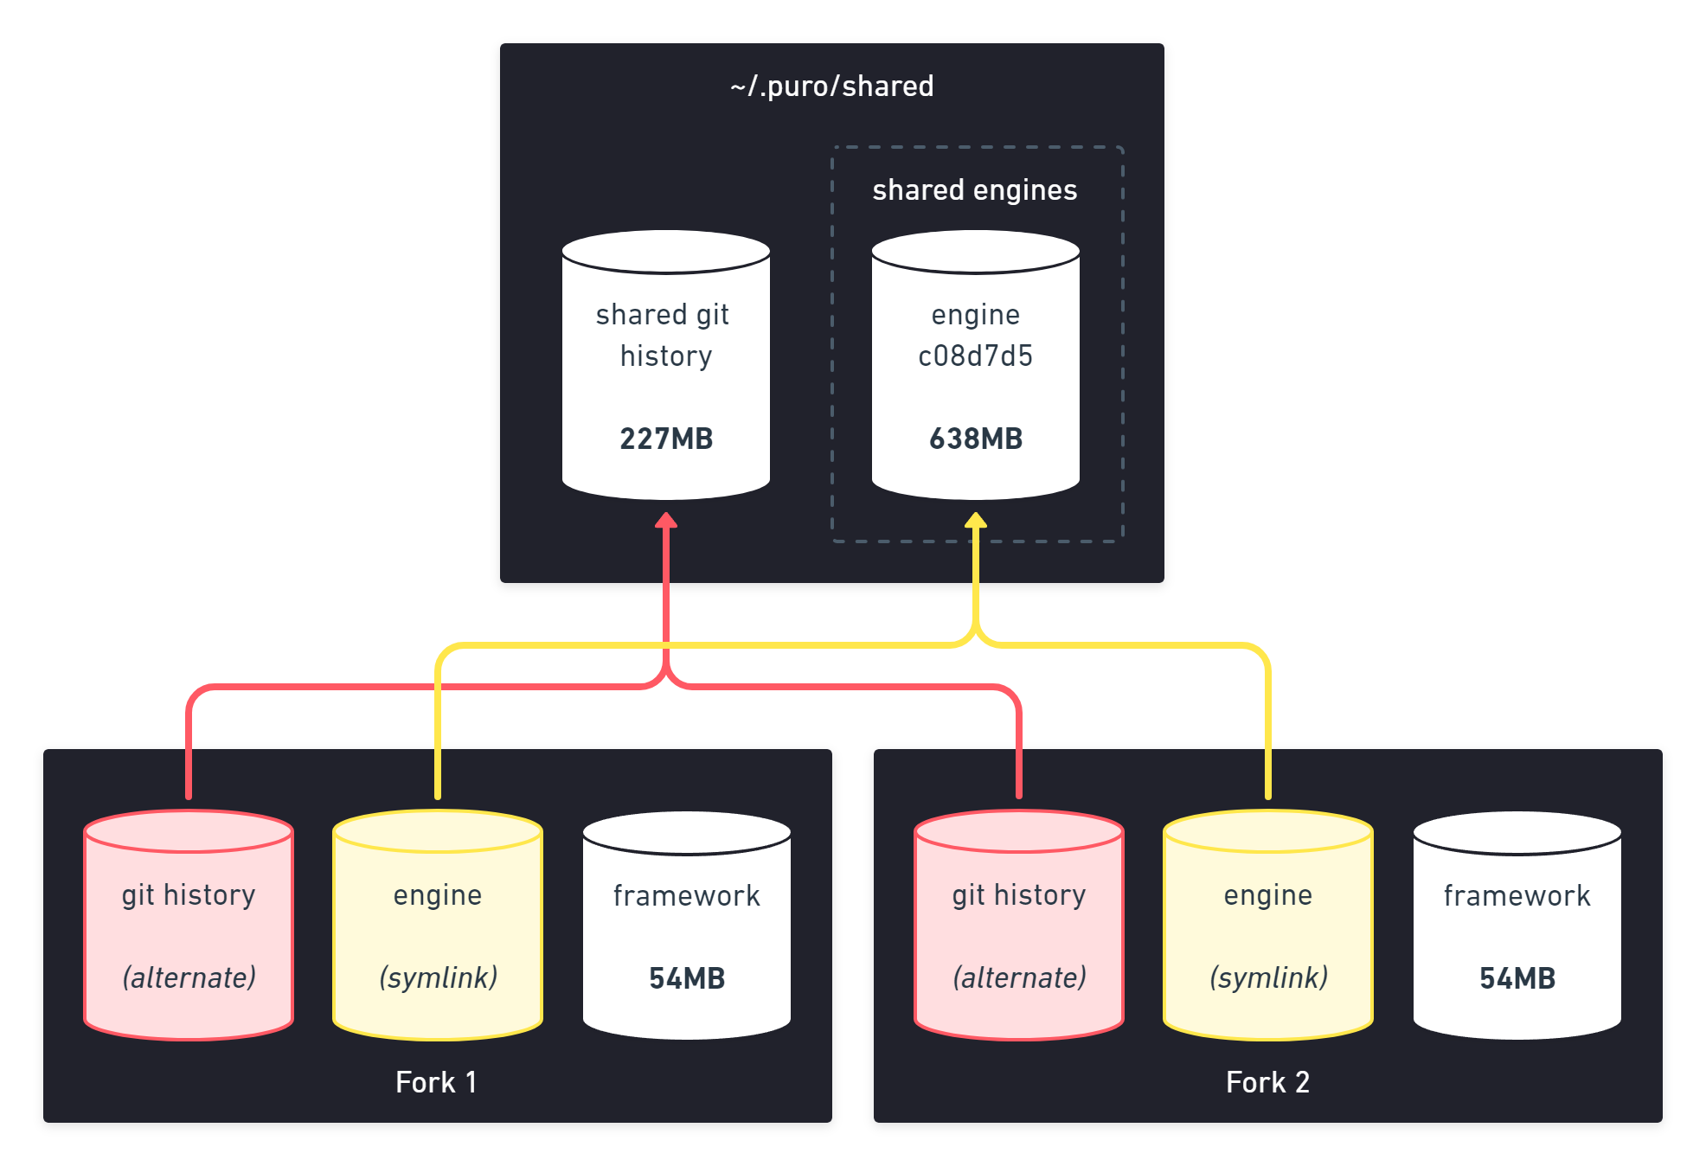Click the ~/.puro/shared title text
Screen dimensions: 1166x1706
click(831, 86)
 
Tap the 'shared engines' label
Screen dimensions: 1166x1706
click(974, 190)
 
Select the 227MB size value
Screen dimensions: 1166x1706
click(666, 439)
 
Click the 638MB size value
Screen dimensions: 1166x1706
click(976, 439)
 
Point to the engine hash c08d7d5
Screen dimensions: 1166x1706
click(976, 356)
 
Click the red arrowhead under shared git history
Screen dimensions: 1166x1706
click(666, 520)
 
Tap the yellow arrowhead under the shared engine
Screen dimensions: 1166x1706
click(976, 520)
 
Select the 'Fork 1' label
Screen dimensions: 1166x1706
click(436, 1082)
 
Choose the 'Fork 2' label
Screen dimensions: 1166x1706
click(1267, 1082)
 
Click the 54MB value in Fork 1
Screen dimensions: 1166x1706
click(687, 978)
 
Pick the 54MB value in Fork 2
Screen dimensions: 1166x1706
click(1517, 978)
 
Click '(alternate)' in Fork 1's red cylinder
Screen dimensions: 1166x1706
click(189, 977)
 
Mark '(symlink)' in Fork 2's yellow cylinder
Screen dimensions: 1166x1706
click(1268, 977)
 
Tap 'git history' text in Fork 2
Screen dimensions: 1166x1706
click(1019, 895)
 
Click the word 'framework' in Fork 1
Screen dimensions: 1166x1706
click(687, 896)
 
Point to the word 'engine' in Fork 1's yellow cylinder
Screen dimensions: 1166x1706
click(438, 895)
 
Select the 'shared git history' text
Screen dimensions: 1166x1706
click(664, 335)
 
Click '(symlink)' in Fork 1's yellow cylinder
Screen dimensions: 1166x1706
click(438, 977)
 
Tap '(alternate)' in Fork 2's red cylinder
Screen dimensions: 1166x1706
click(1019, 977)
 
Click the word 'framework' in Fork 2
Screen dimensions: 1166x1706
click(1517, 896)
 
